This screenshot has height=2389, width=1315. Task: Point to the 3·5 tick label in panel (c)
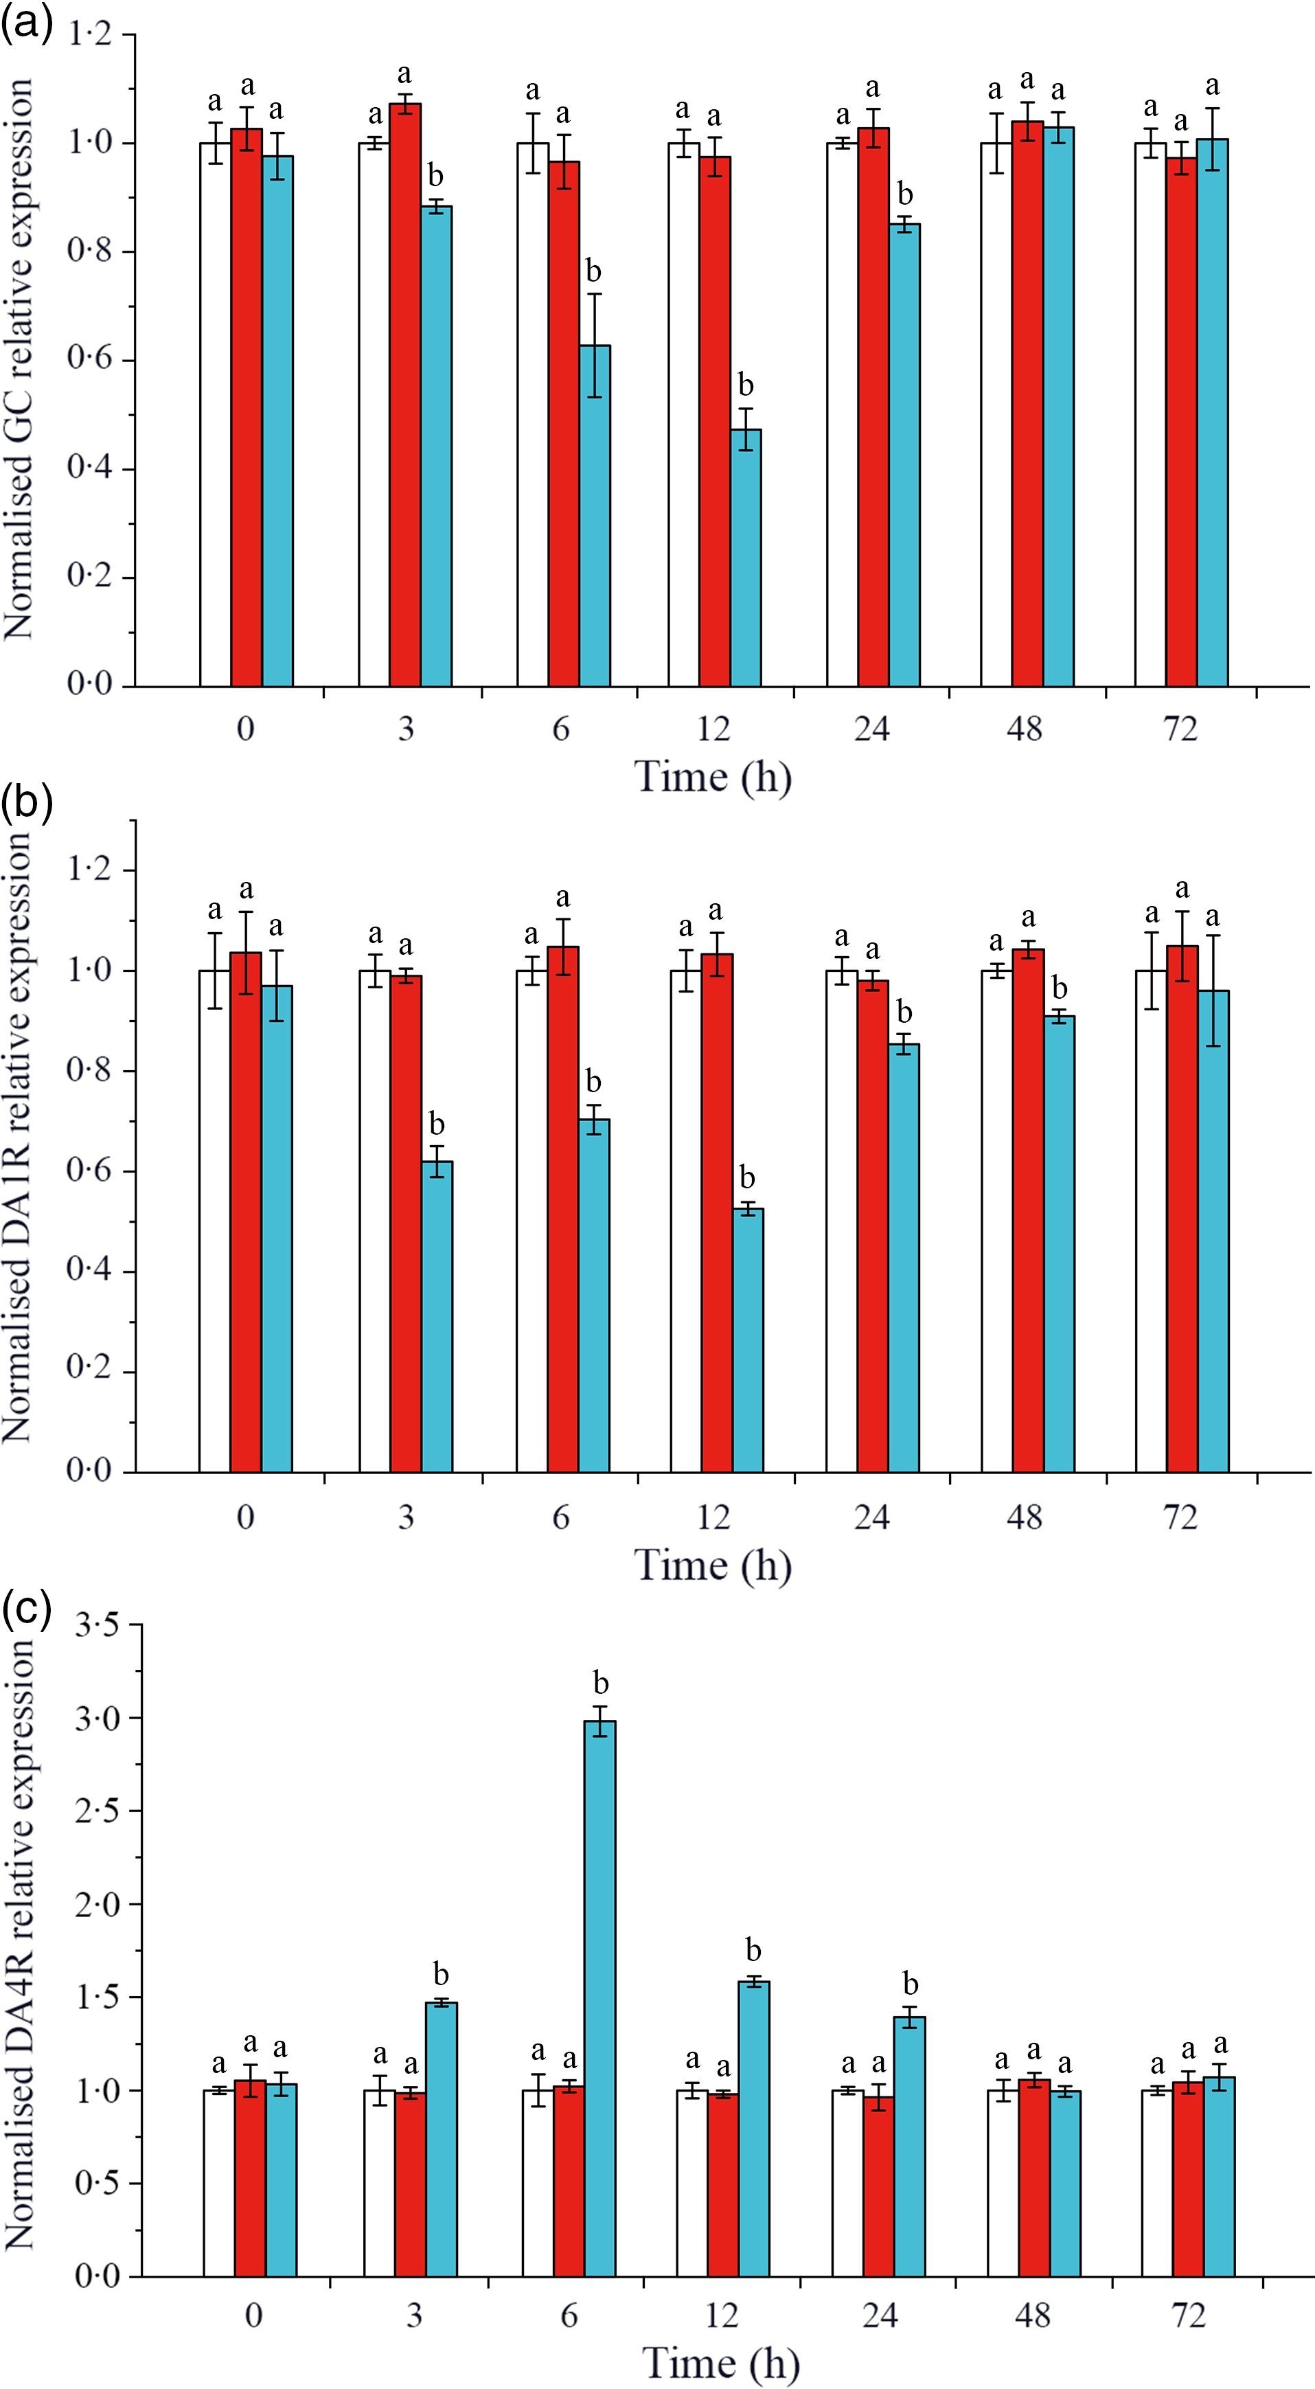(96, 1626)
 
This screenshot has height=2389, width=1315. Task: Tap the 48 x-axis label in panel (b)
(1025, 1517)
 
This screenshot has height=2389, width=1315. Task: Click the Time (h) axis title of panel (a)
(712, 776)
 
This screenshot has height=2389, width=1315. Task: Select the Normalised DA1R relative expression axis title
(19, 1138)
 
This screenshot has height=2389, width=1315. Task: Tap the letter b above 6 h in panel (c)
(601, 1682)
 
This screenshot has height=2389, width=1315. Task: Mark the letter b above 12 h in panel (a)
(746, 384)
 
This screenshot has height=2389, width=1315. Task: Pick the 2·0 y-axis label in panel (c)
(96, 1905)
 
